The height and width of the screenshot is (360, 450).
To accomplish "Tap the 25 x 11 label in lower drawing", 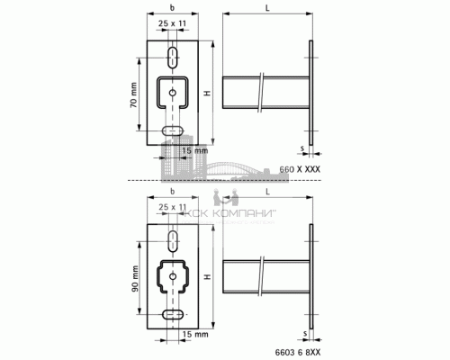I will tap(170, 207).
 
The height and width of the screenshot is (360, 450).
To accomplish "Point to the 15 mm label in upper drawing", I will tap(195, 151).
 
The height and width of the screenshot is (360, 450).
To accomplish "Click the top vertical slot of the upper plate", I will tap(170, 58).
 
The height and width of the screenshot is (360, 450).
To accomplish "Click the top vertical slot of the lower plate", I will tap(170, 238).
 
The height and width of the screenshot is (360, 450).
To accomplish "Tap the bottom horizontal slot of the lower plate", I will tap(170, 316).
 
